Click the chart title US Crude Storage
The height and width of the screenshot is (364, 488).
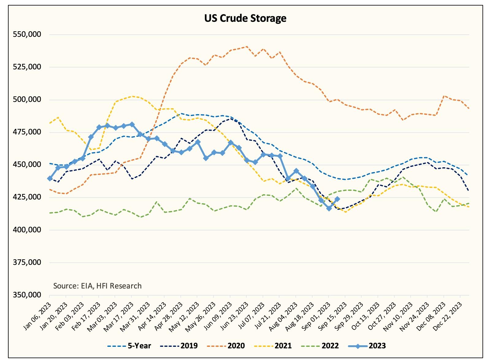pos(245,18)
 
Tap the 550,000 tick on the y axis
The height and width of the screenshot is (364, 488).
pos(27,34)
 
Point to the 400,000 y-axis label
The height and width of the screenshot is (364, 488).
pos(27,230)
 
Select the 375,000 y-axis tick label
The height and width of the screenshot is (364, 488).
pos(27,262)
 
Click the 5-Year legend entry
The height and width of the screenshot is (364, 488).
pos(129,346)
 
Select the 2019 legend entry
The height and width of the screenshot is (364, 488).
pos(179,346)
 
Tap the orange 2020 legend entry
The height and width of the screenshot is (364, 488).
pos(226,346)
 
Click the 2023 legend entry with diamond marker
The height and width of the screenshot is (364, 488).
pos(367,346)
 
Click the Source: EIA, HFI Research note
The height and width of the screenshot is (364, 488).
pos(97,286)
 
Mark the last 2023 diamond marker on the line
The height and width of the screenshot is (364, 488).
pos(337,199)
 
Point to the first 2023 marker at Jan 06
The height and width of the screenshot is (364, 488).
pos(50,179)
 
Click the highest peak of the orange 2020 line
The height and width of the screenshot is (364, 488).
pos(247,47)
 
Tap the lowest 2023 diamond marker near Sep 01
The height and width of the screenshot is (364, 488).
pos(329,208)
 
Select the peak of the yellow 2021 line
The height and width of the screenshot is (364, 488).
pos(132,96)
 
